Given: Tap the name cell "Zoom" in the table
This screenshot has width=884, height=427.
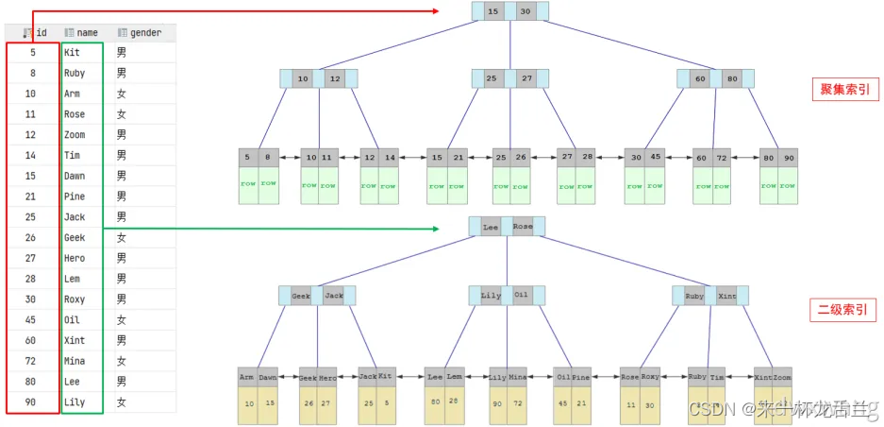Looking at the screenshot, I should pyautogui.click(x=75, y=135).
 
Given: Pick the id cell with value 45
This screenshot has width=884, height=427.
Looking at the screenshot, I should pyautogui.click(x=31, y=319).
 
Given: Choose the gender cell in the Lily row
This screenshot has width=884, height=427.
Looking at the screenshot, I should pyautogui.click(x=121, y=402).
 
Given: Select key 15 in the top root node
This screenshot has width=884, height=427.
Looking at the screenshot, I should pyautogui.click(x=493, y=12).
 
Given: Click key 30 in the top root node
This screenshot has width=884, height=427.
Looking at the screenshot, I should pyautogui.click(x=525, y=12).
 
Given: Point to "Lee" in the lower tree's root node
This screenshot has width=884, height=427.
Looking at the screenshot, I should pyautogui.click(x=491, y=228).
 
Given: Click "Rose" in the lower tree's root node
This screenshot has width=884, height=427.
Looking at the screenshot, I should pyautogui.click(x=523, y=228).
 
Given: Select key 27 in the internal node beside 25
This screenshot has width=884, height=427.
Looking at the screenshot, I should pyautogui.click(x=526, y=79).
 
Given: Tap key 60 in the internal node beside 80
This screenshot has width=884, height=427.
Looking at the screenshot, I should pyautogui.click(x=701, y=79).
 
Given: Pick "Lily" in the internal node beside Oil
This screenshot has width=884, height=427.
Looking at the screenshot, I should pyautogui.click(x=491, y=295).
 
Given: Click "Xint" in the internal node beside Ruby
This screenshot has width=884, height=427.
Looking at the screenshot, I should pyautogui.click(x=726, y=296).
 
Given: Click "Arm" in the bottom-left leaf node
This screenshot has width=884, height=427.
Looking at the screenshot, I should pyautogui.click(x=247, y=377).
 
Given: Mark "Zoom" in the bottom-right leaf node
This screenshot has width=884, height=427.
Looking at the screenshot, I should pyautogui.click(x=782, y=377).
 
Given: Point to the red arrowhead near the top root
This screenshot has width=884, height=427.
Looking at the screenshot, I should pyautogui.click(x=436, y=11).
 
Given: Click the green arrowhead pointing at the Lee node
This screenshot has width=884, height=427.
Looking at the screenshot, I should pyautogui.click(x=436, y=229).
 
